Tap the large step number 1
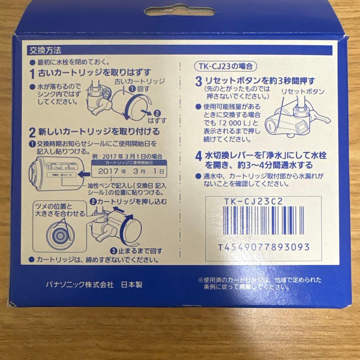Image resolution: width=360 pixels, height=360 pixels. pyautogui.click(x=32, y=73)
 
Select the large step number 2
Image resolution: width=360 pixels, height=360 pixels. pyautogui.click(x=32, y=133)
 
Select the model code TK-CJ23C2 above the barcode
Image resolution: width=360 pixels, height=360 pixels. pyautogui.click(x=253, y=201)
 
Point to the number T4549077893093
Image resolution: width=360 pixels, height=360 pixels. pyautogui.click(x=263, y=247)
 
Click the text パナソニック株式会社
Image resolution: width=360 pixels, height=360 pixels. pyautogui.click(x=80, y=285)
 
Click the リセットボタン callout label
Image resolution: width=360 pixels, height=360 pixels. pyautogui.click(x=303, y=91)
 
